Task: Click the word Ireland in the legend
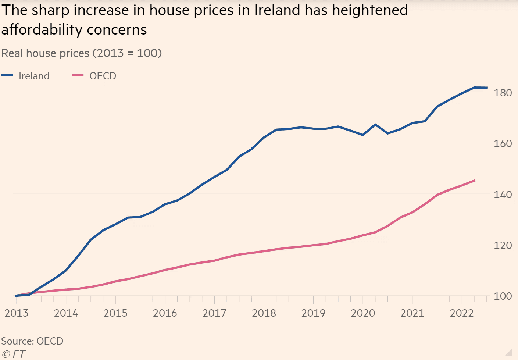coord(34,76)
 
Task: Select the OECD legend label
coord(103,76)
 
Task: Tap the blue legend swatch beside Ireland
coord(7,75)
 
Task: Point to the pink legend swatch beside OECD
coord(78,75)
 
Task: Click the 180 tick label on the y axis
coord(503,93)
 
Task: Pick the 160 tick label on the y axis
coord(503,143)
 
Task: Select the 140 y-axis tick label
coord(503,195)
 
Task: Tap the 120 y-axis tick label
coord(503,245)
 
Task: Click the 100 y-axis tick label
coord(503,296)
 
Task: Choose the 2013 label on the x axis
coord(17,313)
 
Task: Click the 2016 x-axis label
coord(165,313)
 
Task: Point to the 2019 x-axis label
coord(313,313)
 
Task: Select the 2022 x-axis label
coord(462,313)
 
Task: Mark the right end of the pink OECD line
coord(475,181)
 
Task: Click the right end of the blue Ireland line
coord(487,88)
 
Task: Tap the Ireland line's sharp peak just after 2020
coord(375,124)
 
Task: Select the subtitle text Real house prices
coord(45,53)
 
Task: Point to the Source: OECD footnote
coord(32,341)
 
